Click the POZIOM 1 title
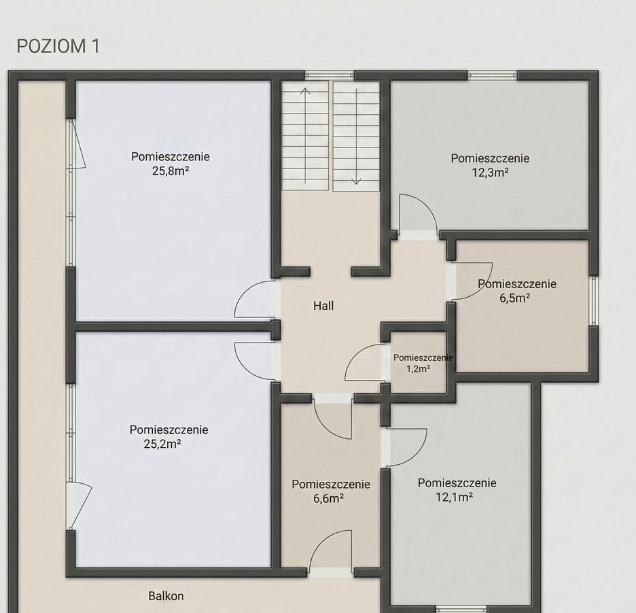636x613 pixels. [58, 46]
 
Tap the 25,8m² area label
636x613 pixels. [171, 171]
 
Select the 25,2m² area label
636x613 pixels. [162, 444]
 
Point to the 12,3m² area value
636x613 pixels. [491, 173]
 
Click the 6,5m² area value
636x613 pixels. [515, 298]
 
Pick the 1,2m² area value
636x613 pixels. [418, 369]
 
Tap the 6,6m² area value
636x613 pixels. [329, 498]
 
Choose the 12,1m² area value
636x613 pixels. [455, 497]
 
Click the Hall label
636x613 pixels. [323, 306]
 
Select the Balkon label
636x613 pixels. [166, 596]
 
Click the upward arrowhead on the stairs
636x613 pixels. [305, 91]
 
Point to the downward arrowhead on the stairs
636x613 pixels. [356, 181]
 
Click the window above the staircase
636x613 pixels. [330, 75]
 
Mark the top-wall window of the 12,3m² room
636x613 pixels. [493, 75]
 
